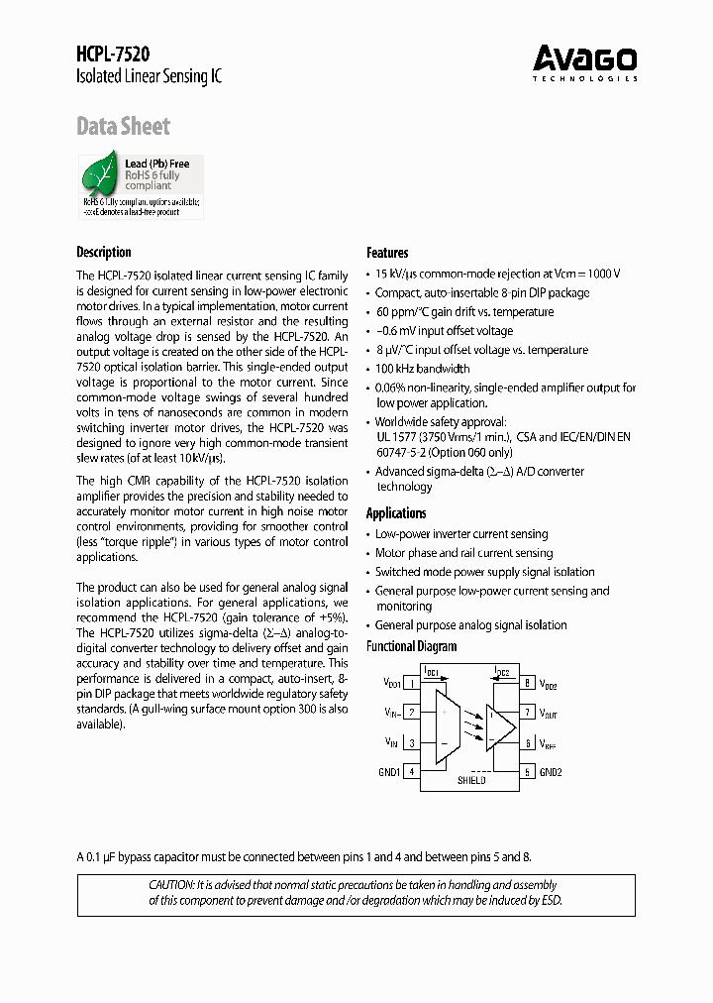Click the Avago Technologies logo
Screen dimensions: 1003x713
[x=584, y=62]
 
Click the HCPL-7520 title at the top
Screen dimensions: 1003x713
[x=113, y=56]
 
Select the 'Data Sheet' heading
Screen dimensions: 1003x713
[x=123, y=126]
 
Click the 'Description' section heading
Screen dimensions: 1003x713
[x=104, y=252]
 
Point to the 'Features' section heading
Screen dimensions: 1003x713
[x=387, y=253]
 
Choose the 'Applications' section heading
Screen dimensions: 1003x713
[x=396, y=513]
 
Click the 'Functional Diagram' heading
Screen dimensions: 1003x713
[x=412, y=646]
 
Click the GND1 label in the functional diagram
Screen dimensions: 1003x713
[x=389, y=771]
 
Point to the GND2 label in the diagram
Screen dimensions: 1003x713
[x=551, y=771]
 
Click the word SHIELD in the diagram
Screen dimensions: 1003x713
[x=471, y=781]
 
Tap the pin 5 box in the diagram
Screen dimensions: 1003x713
[x=528, y=771]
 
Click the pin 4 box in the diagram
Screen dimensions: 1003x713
[x=411, y=771]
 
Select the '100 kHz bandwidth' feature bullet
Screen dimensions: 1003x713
[x=423, y=369]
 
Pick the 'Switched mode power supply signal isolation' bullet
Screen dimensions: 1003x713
[x=484, y=572]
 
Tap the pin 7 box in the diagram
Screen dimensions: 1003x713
[x=528, y=713]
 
